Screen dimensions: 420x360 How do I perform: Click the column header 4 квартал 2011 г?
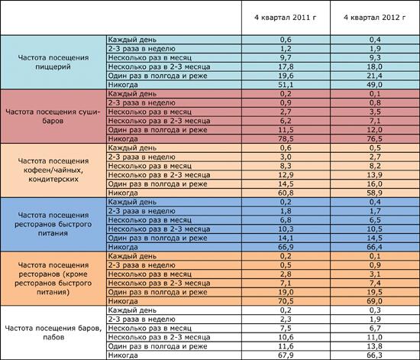point(286,18)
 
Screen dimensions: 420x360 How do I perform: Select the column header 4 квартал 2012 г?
point(374,18)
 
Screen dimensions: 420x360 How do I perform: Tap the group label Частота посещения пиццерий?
point(53,62)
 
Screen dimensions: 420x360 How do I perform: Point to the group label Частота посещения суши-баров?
point(53,116)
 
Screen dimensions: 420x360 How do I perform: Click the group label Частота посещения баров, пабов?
point(53,332)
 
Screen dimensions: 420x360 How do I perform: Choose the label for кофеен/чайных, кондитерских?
point(53,170)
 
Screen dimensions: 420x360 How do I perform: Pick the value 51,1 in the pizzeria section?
point(286,85)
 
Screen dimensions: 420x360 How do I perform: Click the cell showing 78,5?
point(286,139)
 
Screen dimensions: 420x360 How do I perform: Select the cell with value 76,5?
point(375,139)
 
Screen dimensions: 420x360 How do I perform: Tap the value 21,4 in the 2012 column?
point(375,76)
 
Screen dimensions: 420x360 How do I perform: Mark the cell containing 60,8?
point(286,193)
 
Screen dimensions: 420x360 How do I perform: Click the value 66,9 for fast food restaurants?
point(286,247)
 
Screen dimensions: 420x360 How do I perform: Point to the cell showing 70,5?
point(286,301)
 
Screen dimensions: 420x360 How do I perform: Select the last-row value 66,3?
point(375,355)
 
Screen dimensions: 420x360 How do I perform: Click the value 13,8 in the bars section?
point(375,346)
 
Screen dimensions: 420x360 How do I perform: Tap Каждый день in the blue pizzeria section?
point(132,40)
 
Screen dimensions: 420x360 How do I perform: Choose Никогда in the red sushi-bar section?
point(123,139)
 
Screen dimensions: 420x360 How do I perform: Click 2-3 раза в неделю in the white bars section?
point(141,319)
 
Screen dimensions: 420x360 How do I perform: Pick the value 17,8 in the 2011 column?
point(286,66)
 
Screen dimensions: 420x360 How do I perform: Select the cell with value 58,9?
point(375,193)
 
